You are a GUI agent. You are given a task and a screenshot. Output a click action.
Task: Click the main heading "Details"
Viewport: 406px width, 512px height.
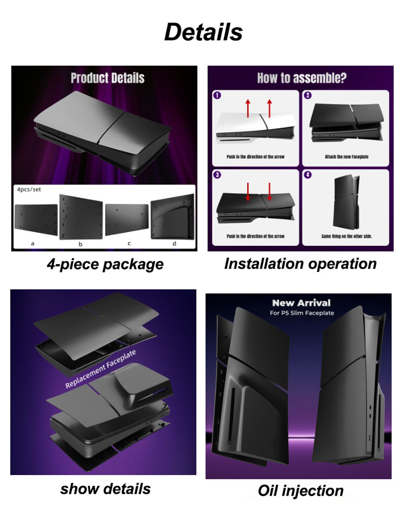click(203, 32)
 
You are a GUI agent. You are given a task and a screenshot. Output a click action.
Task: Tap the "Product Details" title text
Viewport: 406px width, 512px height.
click(108, 78)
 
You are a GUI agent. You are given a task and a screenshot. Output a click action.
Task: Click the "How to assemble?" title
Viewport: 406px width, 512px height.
click(302, 78)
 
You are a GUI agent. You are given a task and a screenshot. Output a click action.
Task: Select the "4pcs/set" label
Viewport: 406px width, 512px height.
click(29, 189)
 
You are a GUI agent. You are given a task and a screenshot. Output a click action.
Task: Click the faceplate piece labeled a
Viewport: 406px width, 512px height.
click(36, 220)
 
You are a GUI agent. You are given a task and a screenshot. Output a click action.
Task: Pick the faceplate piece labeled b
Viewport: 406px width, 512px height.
click(81, 217)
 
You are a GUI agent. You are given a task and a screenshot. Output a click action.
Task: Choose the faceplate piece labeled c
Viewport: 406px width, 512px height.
click(127, 219)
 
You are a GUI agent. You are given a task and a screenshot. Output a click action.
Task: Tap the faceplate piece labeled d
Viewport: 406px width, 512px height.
click(173, 216)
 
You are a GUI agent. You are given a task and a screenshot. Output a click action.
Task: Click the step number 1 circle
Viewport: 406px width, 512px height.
click(217, 95)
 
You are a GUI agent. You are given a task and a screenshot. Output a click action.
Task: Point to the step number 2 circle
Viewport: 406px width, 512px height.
click(308, 95)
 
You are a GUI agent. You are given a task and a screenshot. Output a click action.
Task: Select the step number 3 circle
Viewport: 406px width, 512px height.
click(217, 175)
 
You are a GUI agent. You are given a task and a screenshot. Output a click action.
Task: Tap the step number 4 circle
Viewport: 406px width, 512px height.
click(308, 175)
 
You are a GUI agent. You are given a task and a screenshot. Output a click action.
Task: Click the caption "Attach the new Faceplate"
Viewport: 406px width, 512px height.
click(347, 157)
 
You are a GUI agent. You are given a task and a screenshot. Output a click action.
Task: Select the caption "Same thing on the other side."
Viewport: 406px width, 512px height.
click(347, 236)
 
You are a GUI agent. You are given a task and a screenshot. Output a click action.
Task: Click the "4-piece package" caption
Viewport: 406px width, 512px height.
click(105, 264)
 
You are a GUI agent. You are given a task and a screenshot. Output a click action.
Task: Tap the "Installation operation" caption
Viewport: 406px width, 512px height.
click(300, 264)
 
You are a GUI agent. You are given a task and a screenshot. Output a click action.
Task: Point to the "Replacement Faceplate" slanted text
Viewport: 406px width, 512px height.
click(101, 369)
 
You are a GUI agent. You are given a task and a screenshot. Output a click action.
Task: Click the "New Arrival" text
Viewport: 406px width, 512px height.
click(301, 303)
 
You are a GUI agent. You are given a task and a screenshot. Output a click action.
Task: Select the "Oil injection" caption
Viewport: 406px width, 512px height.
click(301, 491)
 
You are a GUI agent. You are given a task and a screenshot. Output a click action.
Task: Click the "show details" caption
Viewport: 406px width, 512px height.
click(105, 489)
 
